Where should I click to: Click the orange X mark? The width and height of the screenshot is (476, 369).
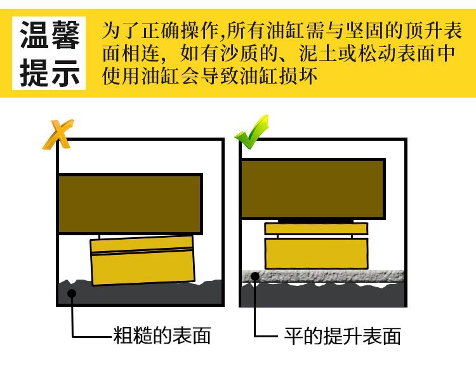coord(58,134)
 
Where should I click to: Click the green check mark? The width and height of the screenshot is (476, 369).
coord(252,133)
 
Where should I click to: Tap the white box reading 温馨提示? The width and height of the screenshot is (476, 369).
coord(49,53)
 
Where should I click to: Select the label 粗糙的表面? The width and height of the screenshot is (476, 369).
coord(162,335)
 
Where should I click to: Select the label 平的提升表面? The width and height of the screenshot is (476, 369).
coord(343,336)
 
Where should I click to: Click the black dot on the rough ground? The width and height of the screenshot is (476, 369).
coord(72,293)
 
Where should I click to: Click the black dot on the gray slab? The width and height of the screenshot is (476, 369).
coord(255,276)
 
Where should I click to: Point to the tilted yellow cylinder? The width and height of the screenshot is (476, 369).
coord(142,261)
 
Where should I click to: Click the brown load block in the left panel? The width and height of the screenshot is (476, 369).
coord(130,204)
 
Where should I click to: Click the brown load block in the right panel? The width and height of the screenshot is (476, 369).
coord(314,188)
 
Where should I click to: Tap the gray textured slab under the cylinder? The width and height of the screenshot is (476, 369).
coord(323,276)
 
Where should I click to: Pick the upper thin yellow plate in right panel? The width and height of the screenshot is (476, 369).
coord(316,229)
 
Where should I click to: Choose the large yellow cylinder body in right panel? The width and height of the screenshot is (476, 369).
coord(316,254)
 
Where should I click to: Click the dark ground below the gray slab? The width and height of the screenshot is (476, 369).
coord(323,295)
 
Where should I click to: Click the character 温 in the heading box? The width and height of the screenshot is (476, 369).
coord(34,35)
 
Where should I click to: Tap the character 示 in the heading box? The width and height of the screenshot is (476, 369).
coord(65,72)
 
